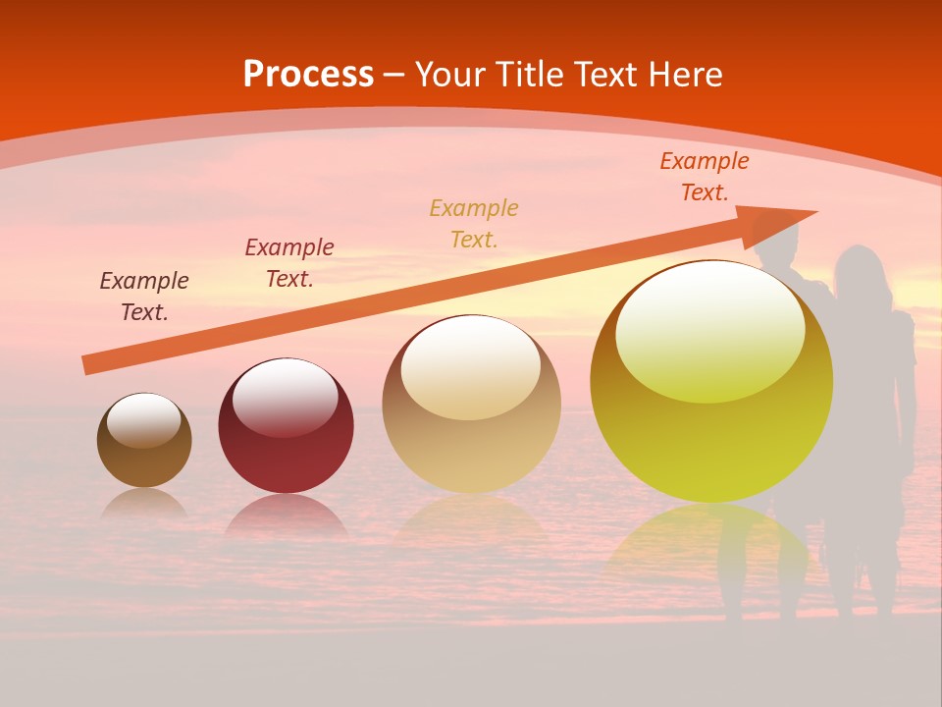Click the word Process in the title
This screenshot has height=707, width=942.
pos(308,75)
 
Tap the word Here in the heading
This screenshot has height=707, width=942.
pos(682,75)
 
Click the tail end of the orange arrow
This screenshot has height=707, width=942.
pos(88,364)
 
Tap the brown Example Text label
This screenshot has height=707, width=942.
pos(144,297)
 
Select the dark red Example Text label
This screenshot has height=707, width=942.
pos(289,263)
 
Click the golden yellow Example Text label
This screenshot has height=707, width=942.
pos(474,224)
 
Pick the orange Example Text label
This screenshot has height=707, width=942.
pos(705,177)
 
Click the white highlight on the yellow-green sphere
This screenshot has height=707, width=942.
pos(710,331)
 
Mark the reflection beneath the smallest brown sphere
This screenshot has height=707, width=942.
pos(144,504)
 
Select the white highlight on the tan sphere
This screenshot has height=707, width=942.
pos(471,367)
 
